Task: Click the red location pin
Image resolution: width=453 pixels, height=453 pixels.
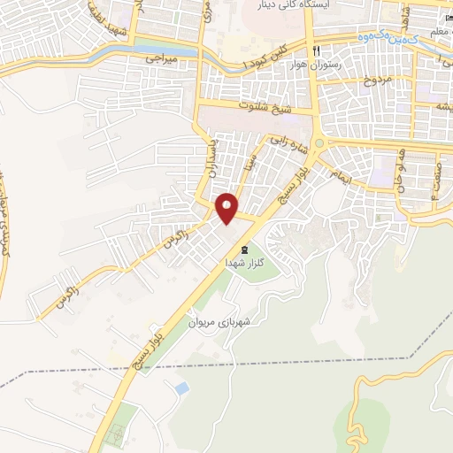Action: pos(227,208)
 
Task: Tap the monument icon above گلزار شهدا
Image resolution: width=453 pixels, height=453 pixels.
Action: pos(243,250)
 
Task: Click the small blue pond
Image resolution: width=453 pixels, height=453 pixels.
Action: pos(182,388)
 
